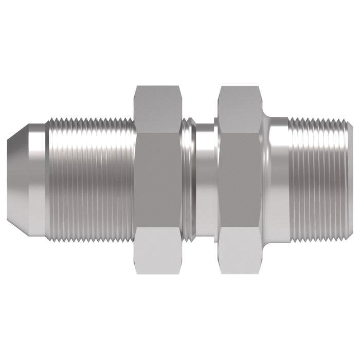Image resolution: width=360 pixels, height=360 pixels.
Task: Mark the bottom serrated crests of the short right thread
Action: (x=321, y=237)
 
